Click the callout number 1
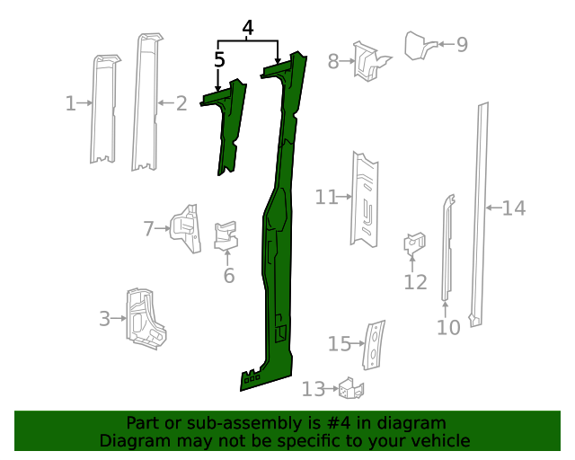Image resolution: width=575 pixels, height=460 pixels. (70, 103)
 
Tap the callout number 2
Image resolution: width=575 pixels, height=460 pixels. (181, 103)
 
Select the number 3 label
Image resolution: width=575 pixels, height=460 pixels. (104, 318)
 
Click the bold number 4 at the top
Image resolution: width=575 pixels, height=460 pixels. (248, 28)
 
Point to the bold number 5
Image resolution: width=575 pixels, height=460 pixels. (219, 59)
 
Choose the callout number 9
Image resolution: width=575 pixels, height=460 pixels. (462, 44)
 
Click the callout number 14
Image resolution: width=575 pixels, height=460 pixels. (513, 208)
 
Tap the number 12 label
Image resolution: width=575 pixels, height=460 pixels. (415, 282)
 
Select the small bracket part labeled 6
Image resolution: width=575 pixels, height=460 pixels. (226, 236)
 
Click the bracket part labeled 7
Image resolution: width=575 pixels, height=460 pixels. (186, 229)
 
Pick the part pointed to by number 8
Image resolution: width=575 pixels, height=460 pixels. (370, 61)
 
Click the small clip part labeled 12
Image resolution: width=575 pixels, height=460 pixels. (414, 243)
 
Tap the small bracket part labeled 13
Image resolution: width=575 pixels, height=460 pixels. (351, 389)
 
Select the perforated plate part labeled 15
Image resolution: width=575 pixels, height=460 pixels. (374, 345)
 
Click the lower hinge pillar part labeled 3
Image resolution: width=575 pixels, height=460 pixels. (146, 319)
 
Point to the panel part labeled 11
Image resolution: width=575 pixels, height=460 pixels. (365, 200)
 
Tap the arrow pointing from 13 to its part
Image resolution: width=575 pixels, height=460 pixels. (332, 388)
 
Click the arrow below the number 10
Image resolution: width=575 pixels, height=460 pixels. (446, 309)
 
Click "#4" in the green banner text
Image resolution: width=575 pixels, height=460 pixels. (338, 423)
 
